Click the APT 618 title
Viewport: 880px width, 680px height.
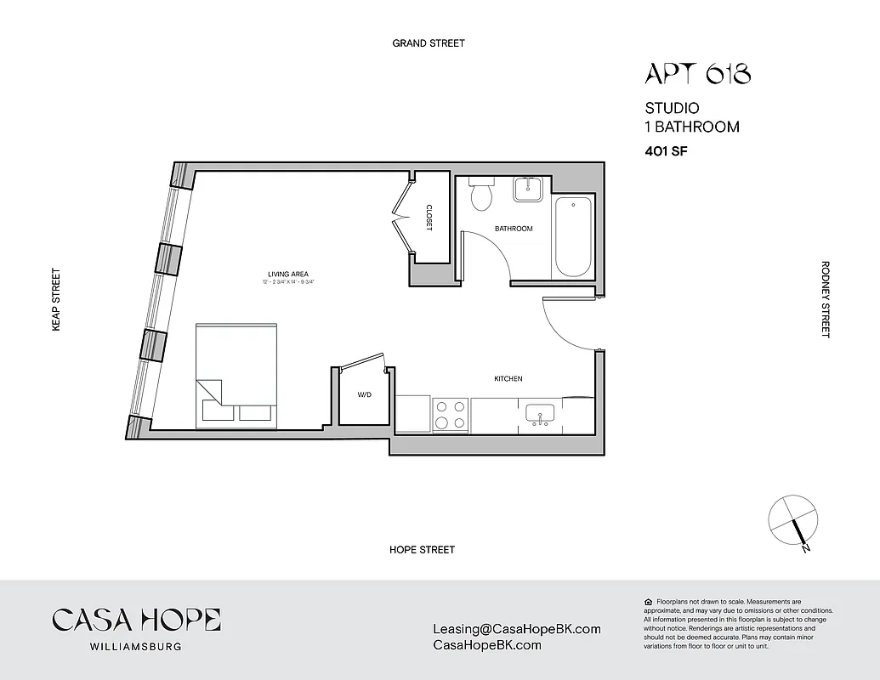(697, 74)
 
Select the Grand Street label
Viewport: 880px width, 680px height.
(429, 43)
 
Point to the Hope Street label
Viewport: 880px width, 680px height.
(422, 550)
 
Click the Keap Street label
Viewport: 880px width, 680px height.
(57, 299)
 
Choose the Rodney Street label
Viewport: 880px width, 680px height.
(825, 299)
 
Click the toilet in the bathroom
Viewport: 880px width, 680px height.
(482, 195)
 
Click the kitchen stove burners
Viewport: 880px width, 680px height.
(450, 415)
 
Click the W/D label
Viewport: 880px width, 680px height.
(364, 395)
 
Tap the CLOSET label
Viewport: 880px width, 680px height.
(429, 217)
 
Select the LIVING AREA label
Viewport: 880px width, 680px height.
(289, 275)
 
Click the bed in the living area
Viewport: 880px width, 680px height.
(236, 374)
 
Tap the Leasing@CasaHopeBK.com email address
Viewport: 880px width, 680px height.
(517, 630)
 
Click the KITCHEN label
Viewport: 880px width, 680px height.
(508, 378)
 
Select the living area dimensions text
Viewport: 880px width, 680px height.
(289, 282)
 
